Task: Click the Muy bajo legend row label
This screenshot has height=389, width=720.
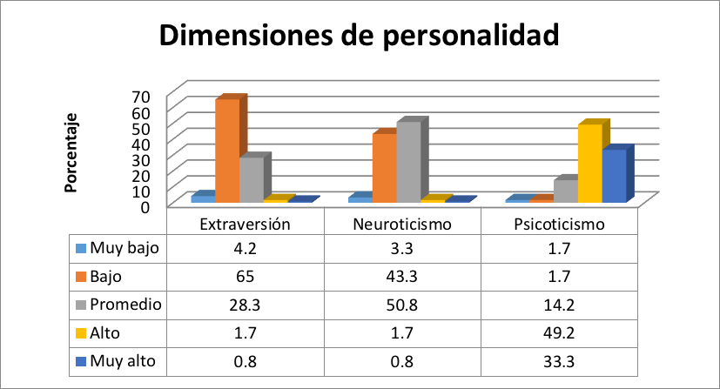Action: [x=125, y=249]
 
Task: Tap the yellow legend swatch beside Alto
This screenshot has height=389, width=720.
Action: [x=81, y=332]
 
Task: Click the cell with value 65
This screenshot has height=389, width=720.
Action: [x=245, y=277]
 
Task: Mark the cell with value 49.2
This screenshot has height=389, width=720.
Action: [x=571, y=332]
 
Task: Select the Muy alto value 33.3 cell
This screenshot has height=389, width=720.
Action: [x=571, y=360]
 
